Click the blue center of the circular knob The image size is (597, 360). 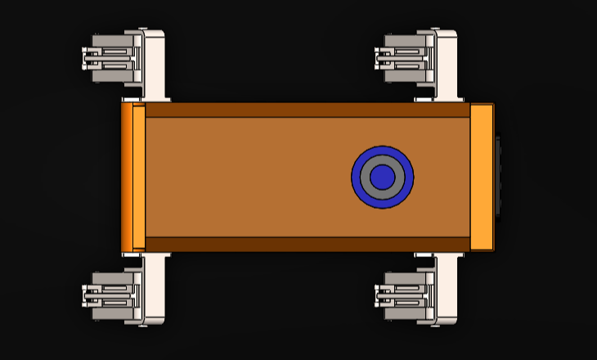pos(382,177)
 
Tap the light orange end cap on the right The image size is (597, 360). pos(482,177)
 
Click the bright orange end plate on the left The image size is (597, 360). pos(127,177)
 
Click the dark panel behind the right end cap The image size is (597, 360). pos(497,177)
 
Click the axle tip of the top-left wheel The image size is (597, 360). pos(85,57)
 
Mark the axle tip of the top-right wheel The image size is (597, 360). pos(378,57)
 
